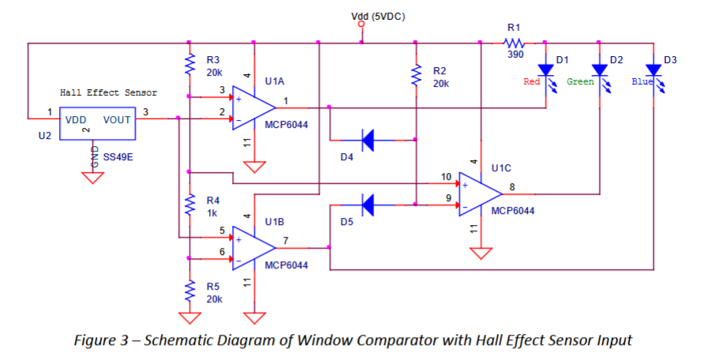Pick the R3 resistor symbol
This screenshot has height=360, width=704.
coord(189,64)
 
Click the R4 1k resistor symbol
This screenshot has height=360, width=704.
coord(189,207)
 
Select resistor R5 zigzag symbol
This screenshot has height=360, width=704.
coord(189,293)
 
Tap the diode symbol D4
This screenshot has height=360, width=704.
coord(368,142)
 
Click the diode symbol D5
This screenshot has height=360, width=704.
coord(368,206)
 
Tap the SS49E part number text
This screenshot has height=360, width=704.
coord(118,156)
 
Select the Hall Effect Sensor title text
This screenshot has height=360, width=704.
coord(108,92)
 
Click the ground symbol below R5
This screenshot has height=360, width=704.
coord(189,317)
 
